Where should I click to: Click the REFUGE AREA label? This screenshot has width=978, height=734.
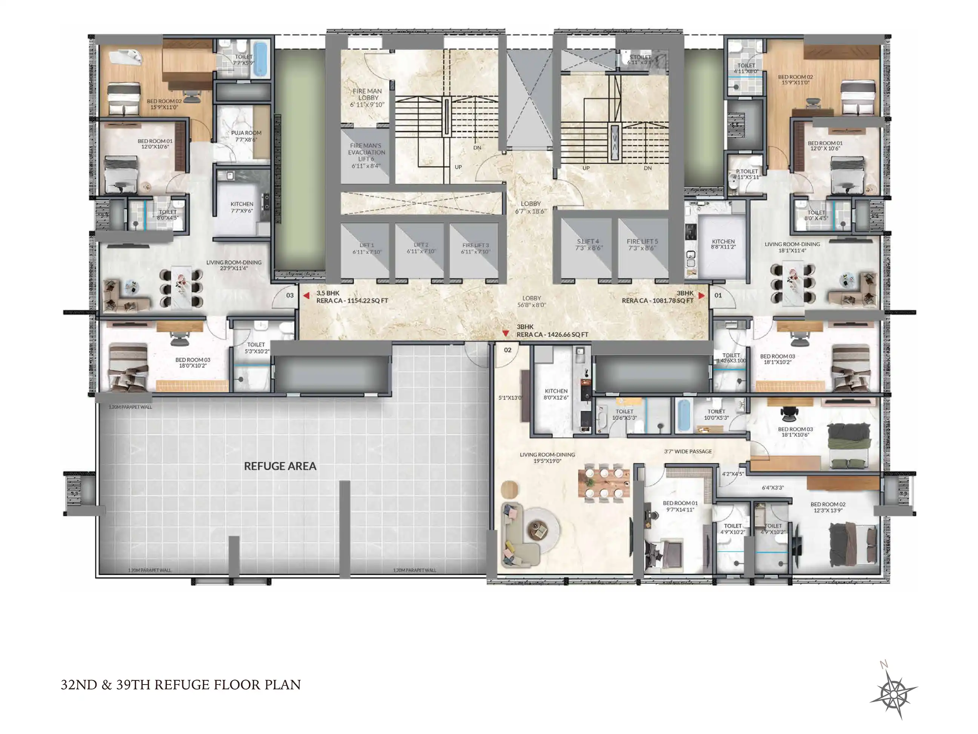(280, 466)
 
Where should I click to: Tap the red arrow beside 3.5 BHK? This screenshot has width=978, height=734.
(306, 296)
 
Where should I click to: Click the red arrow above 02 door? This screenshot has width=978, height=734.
(505, 334)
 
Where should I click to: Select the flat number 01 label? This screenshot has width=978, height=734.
(718, 295)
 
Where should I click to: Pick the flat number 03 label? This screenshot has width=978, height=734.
(290, 295)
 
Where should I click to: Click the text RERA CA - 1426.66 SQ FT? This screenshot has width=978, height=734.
(552, 335)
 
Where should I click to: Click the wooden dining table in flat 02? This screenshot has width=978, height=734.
(603, 483)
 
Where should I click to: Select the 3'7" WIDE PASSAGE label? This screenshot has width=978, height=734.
(688, 451)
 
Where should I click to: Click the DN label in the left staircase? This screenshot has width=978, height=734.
(477, 148)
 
